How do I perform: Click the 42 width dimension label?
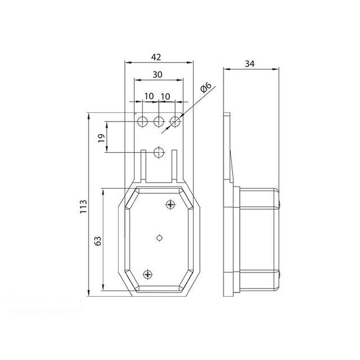[x=156, y=57]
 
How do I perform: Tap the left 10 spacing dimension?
[x=150, y=96]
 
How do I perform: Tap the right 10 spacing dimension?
[x=166, y=96]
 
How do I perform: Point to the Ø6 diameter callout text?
[x=207, y=90]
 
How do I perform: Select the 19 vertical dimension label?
[x=101, y=138]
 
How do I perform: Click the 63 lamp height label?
[x=97, y=240]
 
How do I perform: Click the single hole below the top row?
[x=159, y=151]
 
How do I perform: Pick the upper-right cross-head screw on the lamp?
[x=171, y=204]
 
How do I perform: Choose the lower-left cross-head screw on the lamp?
[x=147, y=274]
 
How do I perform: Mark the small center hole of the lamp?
[x=160, y=237]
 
